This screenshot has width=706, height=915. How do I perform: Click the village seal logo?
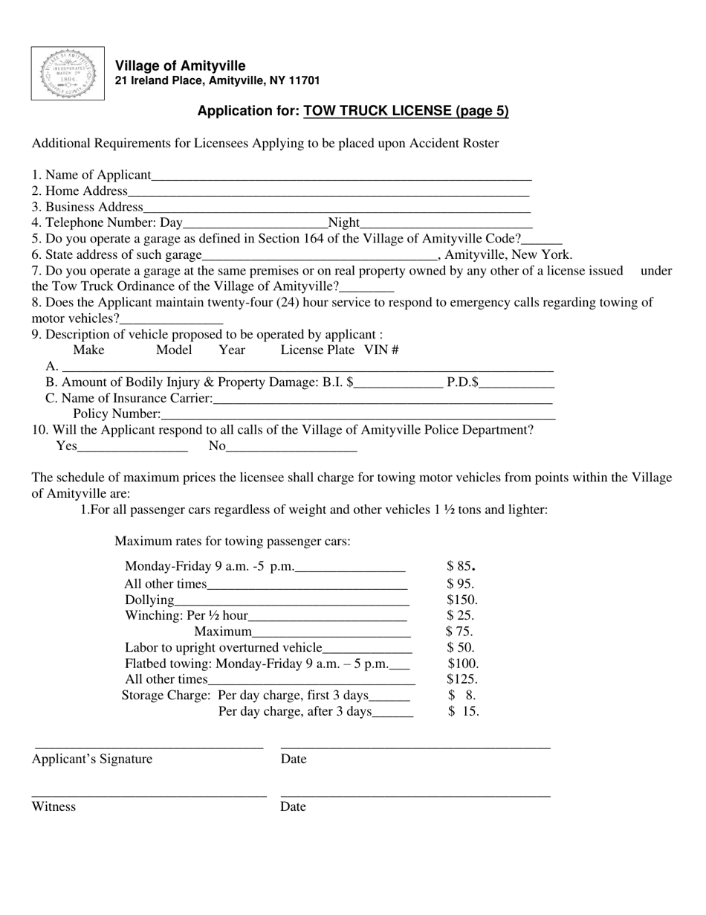pos(68,74)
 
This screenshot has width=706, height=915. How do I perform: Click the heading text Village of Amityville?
pos(180,66)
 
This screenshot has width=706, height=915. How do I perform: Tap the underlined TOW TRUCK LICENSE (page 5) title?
pos(406,111)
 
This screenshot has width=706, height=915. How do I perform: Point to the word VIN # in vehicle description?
pos(381,350)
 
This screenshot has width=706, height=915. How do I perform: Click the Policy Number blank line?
pos(357,415)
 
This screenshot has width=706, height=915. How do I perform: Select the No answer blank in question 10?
pos(291,448)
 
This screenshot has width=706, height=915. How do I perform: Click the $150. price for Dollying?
pos(462,600)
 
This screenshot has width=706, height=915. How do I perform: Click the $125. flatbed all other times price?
pos(462,679)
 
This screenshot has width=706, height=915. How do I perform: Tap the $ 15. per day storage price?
pos(464,711)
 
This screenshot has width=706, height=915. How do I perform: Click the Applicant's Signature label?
pos(91,759)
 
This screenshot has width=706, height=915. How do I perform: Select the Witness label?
pos(54,806)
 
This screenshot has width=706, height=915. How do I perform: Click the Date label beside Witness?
pos(293,806)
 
